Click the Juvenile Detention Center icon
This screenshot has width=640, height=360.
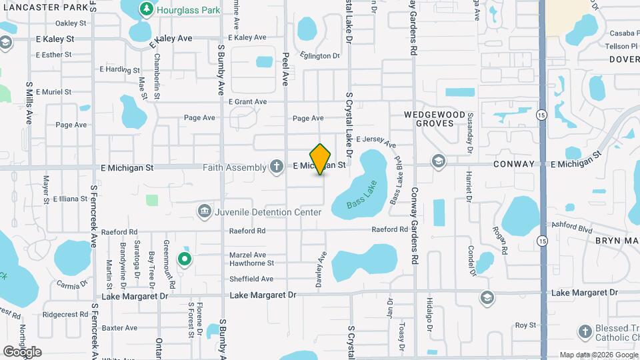205,212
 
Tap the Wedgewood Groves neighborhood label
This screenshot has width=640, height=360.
435,119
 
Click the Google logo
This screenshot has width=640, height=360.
22,351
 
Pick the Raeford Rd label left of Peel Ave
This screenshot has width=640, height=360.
247,231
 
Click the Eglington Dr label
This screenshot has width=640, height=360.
320,56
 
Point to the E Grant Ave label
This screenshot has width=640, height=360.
247,102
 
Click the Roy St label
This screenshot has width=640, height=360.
525,325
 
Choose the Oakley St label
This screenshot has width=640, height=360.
71,23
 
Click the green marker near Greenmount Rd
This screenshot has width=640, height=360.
185,259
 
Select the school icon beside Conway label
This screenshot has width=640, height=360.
438,161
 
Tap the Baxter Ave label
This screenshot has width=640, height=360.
119,328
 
